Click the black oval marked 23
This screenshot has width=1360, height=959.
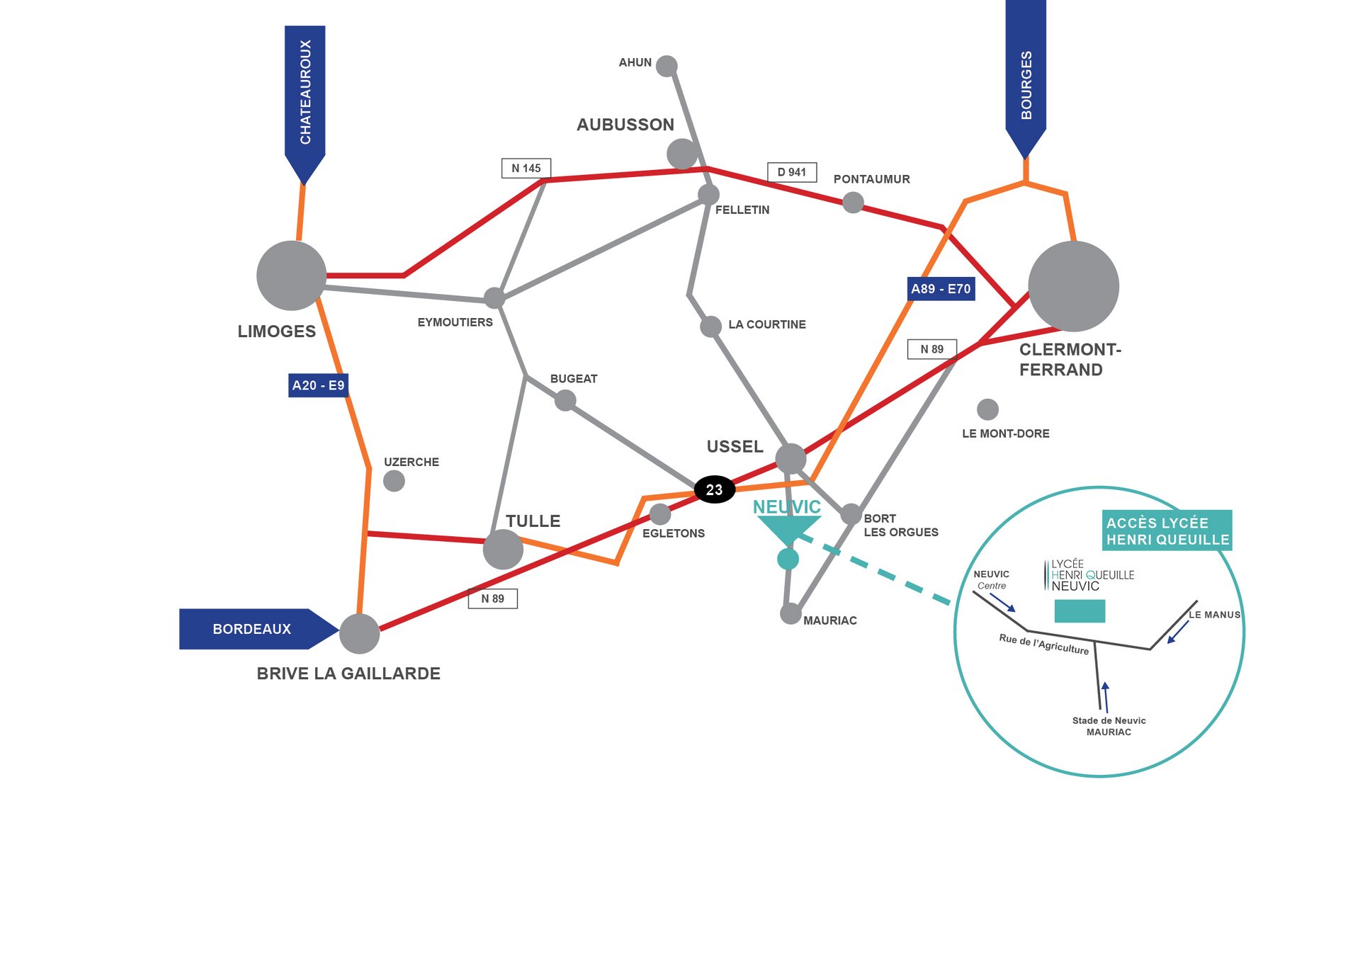714,489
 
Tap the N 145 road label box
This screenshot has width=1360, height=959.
526,168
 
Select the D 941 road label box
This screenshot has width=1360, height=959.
791,172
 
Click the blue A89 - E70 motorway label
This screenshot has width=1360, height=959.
941,289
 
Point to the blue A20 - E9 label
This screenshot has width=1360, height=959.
318,385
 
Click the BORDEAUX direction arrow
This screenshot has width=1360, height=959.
255,629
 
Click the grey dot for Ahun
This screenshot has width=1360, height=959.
667,66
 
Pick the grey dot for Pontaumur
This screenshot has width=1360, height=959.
853,203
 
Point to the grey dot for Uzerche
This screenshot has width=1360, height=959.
394,481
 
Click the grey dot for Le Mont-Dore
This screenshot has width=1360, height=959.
987,409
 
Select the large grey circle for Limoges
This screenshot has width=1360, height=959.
291,276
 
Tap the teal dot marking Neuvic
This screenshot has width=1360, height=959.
788,559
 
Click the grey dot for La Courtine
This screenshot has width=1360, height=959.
710,327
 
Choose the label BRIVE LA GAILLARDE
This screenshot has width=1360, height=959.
348,674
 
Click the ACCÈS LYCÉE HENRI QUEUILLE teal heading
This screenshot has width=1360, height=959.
1167,530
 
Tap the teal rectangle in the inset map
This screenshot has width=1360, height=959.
1079,611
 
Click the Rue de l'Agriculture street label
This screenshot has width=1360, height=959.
1043,644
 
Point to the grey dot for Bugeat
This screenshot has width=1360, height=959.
565,400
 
